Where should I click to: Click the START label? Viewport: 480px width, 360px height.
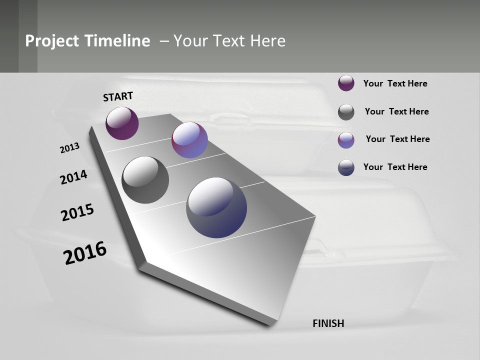(x=118, y=96)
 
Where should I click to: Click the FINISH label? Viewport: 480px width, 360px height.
(x=328, y=323)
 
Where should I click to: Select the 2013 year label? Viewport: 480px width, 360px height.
(x=69, y=148)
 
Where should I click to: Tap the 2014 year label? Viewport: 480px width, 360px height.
(x=73, y=177)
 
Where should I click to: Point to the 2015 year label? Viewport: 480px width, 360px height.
(x=77, y=212)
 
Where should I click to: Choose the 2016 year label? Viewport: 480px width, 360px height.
(x=85, y=253)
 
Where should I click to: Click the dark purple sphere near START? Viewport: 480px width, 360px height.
(x=122, y=123)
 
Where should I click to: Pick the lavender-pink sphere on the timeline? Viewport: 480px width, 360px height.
(x=189, y=140)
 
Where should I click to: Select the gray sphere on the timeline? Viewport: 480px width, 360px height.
(x=145, y=180)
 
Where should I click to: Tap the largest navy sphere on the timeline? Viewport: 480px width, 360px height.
(x=216, y=207)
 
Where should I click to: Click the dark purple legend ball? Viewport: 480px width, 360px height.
(x=346, y=83)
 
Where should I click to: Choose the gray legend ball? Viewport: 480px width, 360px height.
(x=346, y=112)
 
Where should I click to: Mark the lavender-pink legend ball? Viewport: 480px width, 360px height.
(x=346, y=140)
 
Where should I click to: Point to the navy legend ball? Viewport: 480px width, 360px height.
(x=346, y=167)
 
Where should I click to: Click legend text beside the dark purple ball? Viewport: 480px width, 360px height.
(x=395, y=83)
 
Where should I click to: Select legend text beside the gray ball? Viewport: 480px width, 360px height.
(x=396, y=111)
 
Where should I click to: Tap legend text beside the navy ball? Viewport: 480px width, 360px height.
(x=395, y=167)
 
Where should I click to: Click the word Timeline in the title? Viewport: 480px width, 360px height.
(x=117, y=41)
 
